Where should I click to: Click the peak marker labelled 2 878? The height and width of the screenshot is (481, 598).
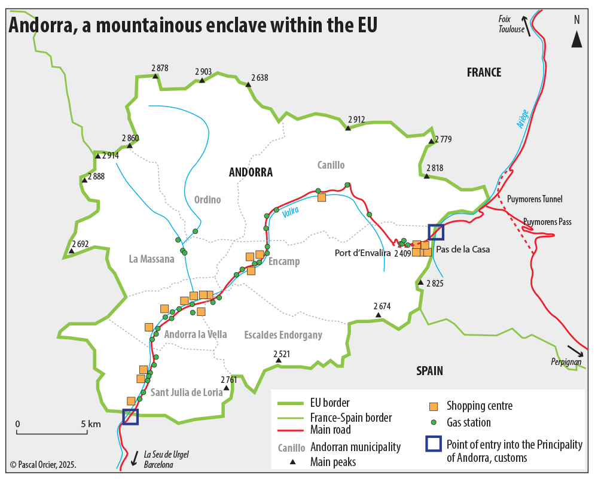tap(155, 77)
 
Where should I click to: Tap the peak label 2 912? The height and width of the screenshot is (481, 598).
tap(356, 120)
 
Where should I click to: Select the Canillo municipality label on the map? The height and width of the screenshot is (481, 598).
tap(331, 165)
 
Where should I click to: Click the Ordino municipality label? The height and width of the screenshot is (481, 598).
tap(207, 200)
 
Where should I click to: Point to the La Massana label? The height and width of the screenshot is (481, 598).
tap(151, 259)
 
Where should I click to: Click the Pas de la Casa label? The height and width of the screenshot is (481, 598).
tap(463, 249)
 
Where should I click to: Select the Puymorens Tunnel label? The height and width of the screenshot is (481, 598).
tap(534, 199)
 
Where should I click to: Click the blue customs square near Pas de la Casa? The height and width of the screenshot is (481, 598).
tap(436, 233)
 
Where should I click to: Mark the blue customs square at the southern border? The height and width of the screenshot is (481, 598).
tap(130, 417)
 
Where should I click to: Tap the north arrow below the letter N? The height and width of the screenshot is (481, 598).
tap(576, 39)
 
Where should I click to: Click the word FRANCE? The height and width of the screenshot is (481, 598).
tap(484, 72)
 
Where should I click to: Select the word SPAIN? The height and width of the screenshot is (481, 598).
tap(429, 371)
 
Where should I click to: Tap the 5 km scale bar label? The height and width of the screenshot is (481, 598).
tap(91, 424)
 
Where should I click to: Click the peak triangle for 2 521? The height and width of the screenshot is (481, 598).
tap(278, 360)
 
